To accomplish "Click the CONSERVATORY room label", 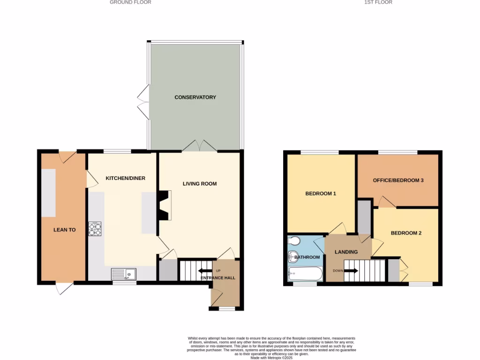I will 195,97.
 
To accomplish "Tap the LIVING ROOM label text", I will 200,184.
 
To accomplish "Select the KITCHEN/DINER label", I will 125,178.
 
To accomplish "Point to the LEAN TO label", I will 64,230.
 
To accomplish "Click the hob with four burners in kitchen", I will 95,229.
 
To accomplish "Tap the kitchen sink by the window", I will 124,273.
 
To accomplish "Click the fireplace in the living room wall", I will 164,205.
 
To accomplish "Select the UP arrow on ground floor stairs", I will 205,270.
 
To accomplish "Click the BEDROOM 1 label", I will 321,194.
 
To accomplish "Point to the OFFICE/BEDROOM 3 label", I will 398,180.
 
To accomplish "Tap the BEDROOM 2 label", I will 406,233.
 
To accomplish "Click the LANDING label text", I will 346,252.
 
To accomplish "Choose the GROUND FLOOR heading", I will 130,2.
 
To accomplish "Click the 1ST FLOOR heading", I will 378,2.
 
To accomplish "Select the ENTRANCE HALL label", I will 218,278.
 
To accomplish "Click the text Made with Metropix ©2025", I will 271,358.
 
